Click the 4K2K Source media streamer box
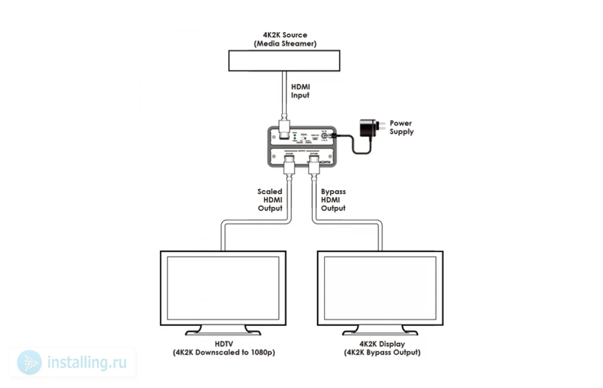coord(284,61)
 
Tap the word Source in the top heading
coord(295,35)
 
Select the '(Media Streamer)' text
coord(285,44)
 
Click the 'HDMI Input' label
coord(300,91)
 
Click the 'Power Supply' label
coord(401,127)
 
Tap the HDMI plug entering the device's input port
coord(284,130)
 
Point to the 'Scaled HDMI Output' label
coord(270,200)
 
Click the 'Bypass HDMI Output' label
coord(333,200)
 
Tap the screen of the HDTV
coord(223,288)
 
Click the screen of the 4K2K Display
coord(380,288)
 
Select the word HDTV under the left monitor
coord(224,344)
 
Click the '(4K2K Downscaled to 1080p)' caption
coord(224,352)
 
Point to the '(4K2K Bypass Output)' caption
coord(382,352)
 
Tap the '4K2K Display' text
coord(382,344)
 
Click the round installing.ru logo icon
coord(30,363)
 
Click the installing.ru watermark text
coord(87,363)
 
